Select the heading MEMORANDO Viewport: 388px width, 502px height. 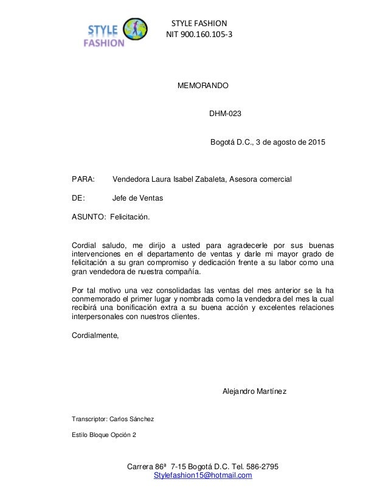pos(203,87)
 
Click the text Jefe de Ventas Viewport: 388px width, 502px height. pos(138,198)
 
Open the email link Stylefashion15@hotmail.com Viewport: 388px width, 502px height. pos(203,475)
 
